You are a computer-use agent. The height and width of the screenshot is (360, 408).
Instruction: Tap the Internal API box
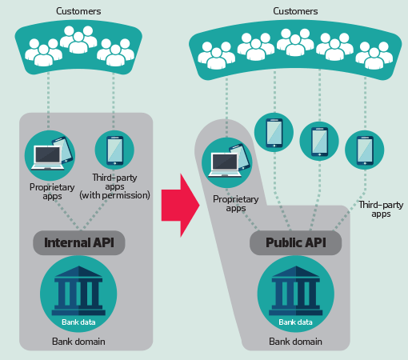tap(79, 242)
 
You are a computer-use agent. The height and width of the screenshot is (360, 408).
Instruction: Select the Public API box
tap(296, 242)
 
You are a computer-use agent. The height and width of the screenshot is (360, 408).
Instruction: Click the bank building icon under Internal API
tap(78, 290)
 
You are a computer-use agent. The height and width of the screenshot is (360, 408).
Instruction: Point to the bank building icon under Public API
tap(295, 290)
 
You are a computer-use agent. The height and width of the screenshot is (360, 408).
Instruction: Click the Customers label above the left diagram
tap(78, 11)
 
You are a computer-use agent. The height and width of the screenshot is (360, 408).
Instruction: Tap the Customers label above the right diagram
tap(295, 11)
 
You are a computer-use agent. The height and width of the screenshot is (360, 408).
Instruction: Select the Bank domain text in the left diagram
tap(78, 342)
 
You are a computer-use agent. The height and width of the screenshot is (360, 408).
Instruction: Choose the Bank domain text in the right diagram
tap(295, 342)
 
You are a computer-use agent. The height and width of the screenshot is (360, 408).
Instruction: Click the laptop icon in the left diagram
tap(47, 158)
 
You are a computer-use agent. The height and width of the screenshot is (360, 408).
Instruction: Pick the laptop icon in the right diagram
tap(225, 165)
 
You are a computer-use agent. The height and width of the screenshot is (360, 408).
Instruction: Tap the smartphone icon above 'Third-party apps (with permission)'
tap(114, 150)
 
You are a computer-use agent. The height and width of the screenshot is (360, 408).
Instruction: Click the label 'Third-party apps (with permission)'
tap(114, 186)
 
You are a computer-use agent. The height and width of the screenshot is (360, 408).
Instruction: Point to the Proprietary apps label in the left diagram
tap(52, 191)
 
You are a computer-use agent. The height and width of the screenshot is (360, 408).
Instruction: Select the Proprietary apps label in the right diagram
tap(236, 203)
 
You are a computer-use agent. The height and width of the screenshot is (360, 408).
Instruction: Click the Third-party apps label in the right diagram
tap(381, 210)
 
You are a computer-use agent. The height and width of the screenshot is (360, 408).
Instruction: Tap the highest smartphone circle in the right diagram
tap(274, 133)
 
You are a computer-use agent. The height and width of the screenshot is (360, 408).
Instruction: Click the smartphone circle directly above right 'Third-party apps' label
tap(365, 150)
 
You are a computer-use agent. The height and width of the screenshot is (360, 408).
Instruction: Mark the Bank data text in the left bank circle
tap(78, 322)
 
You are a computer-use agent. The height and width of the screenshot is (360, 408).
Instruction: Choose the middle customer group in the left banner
tap(78, 39)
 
